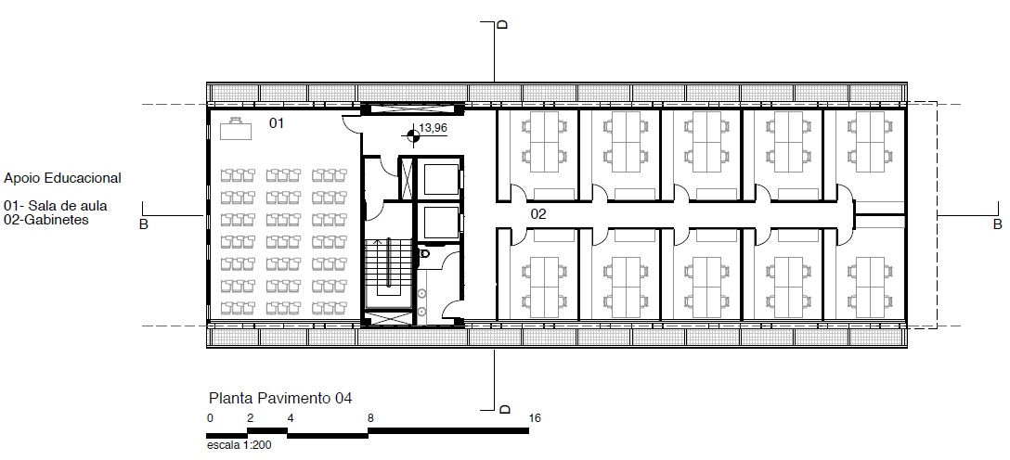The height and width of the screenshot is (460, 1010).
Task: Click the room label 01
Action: click(x=277, y=122)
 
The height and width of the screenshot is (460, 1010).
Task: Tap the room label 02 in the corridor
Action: click(x=538, y=214)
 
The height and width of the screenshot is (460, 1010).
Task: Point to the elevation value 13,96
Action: click(x=434, y=128)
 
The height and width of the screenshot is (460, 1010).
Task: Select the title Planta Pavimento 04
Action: click(x=280, y=398)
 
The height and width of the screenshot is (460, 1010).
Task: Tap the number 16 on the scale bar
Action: click(x=535, y=418)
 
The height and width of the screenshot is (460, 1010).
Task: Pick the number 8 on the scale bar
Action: click(x=370, y=418)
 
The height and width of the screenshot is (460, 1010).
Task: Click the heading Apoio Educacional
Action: click(x=62, y=178)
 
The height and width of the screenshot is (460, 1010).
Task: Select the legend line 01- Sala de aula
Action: click(x=56, y=207)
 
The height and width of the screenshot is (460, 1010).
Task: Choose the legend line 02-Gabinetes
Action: click(x=45, y=220)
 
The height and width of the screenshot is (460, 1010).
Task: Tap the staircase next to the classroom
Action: click(x=388, y=271)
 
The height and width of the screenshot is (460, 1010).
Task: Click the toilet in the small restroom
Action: click(x=424, y=254)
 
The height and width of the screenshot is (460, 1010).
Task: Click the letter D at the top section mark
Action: click(x=503, y=24)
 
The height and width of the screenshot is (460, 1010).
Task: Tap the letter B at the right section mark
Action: click(x=997, y=224)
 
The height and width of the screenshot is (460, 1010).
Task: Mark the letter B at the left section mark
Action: click(x=144, y=224)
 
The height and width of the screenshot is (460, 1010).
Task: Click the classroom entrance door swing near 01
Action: click(x=350, y=123)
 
